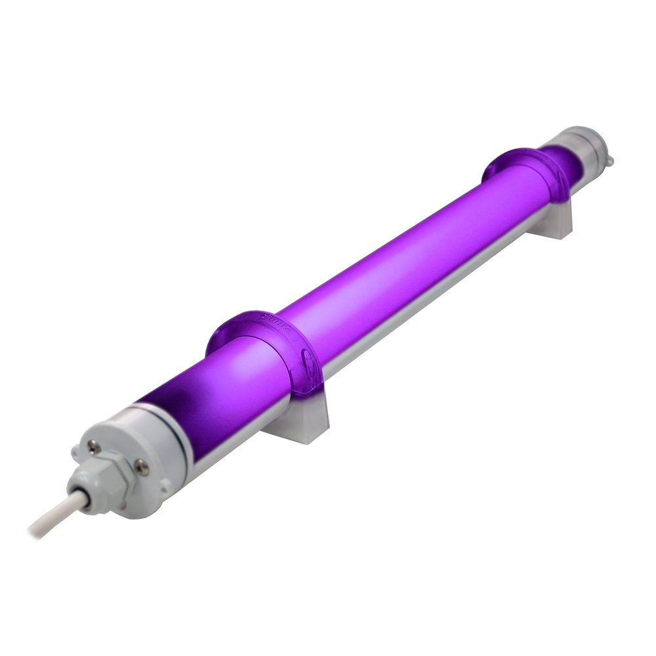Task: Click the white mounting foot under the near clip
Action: (x=298, y=420)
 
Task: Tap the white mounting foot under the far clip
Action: (x=551, y=220)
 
